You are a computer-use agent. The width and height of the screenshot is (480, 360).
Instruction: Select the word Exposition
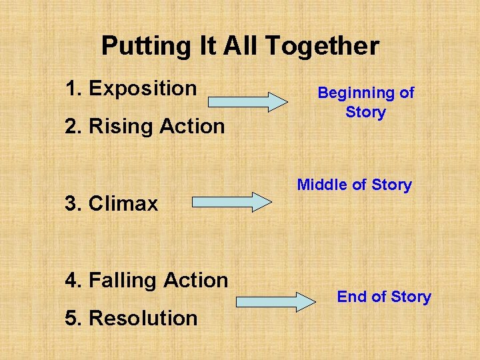pyautogui.click(x=143, y=88)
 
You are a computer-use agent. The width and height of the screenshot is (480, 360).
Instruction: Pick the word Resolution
pyautogui.click(x=143, y=318)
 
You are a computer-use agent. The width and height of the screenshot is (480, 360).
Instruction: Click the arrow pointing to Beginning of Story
pyautogui.click(x=247, y=101)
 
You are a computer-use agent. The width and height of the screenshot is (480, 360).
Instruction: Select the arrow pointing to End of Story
pyautogui.click(x=276, y=301)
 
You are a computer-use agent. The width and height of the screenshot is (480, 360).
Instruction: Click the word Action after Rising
pyautogui.click(x=193, y=126)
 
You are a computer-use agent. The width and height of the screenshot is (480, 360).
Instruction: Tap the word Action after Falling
pyautogui.click(x=196, y=281)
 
